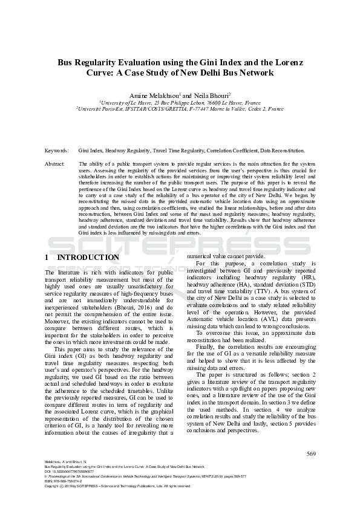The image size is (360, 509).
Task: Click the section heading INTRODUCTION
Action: coord(88,257)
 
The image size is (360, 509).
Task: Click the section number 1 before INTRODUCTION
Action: coord(47,257)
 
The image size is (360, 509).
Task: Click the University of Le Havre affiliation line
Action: coord(180,103)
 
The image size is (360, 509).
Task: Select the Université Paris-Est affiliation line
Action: coord(180,109)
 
